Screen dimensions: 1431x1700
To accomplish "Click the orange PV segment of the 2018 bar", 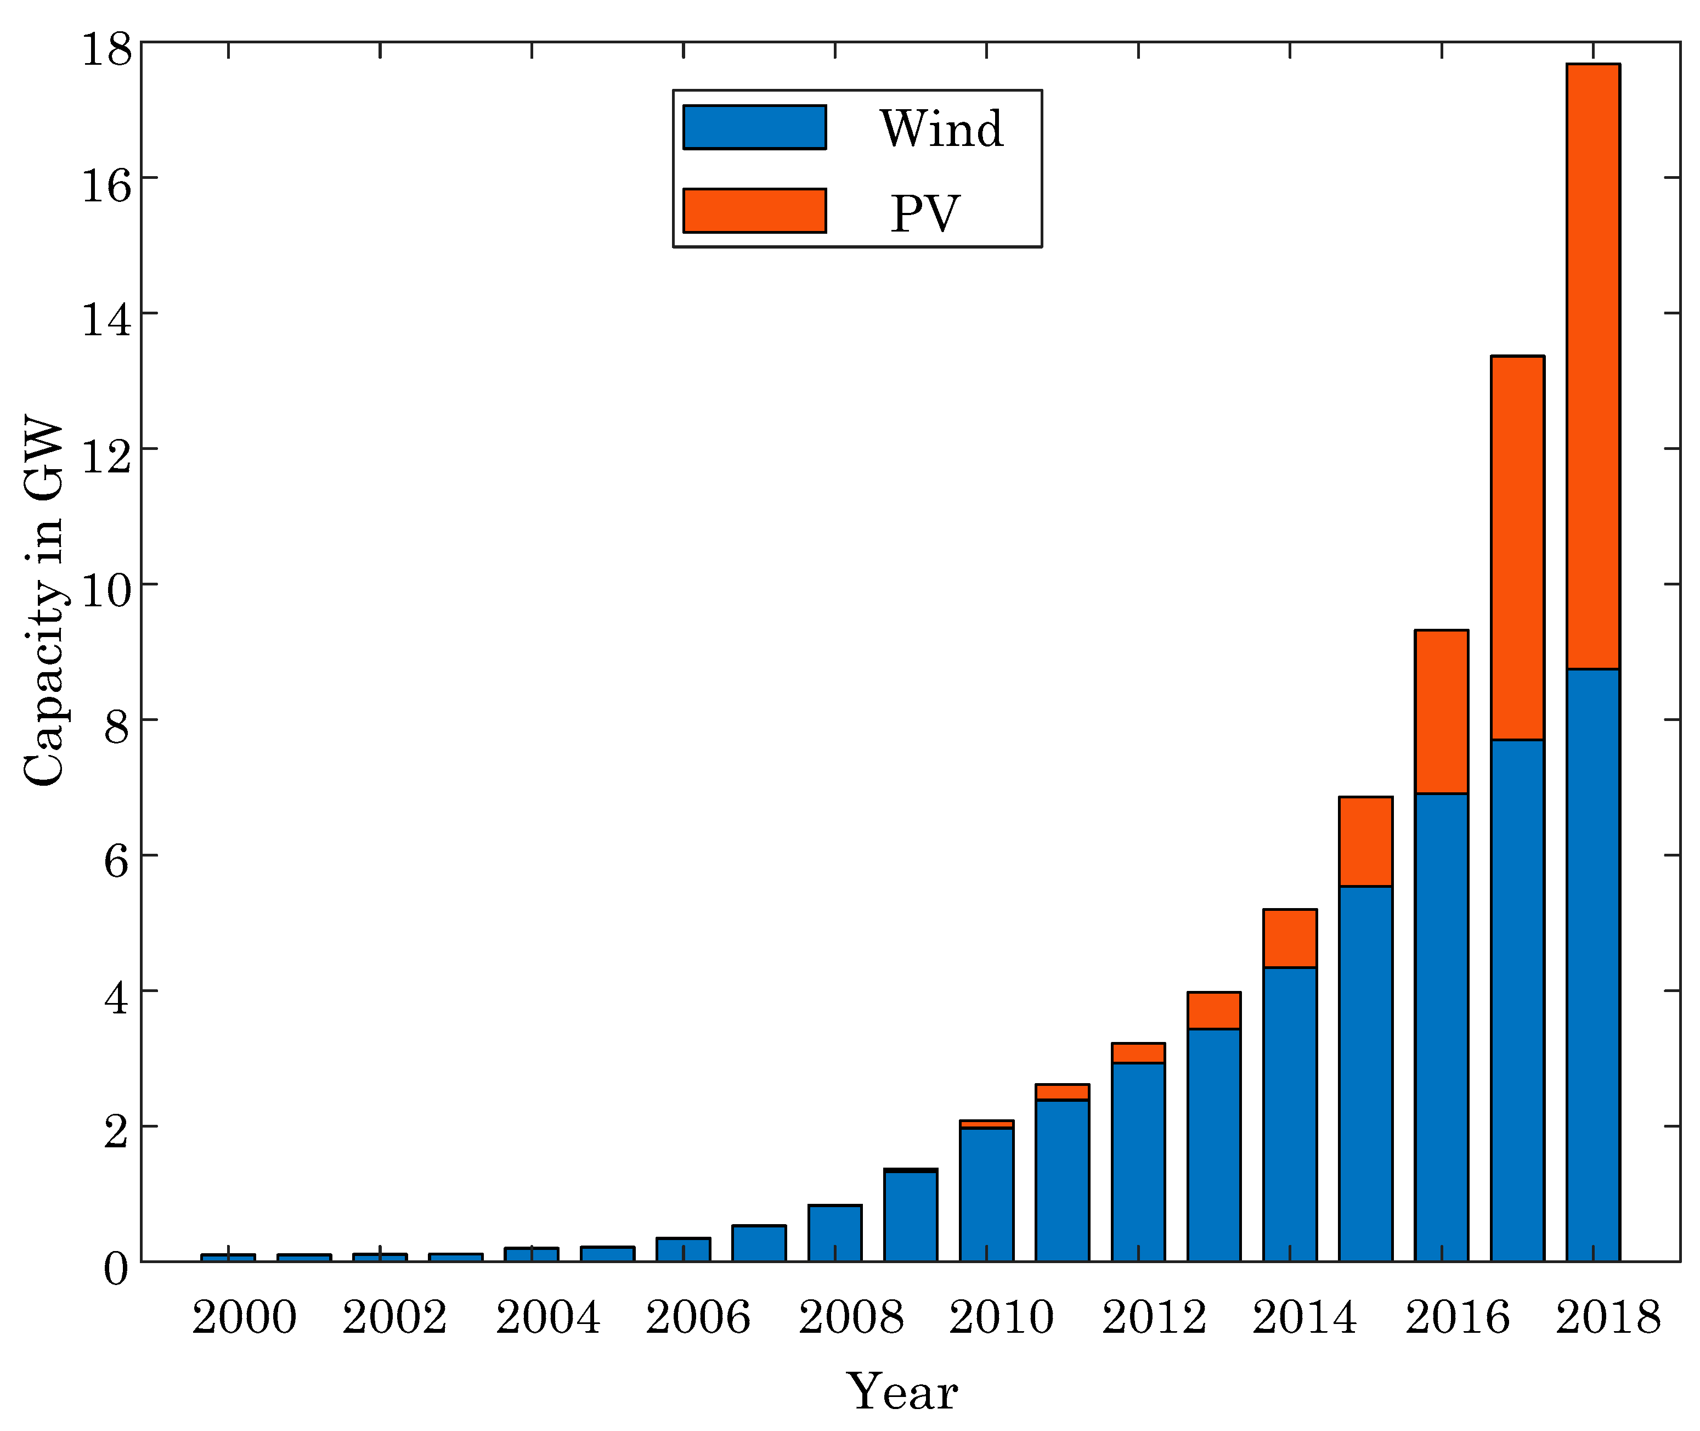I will pyautogui.click(x=1593, y=365).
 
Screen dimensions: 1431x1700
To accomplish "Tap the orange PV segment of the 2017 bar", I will pyautogui.click(x=1517, y=548).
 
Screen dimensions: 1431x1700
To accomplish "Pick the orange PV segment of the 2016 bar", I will pyautogui.click(x=1441, y=712).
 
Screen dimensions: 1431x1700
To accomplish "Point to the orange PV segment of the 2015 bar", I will pyautogui.click(x=1366, y=841).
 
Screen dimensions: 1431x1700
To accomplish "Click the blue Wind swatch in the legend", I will pyautogui.click(x=754, y=127).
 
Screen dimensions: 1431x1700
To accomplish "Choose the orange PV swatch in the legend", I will pyautogui.click(x=754, y=211).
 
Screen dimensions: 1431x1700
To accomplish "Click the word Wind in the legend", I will pyautogui.click(x=942, y=129).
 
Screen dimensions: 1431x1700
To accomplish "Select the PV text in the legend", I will pyautogui.click(x=925, y=214).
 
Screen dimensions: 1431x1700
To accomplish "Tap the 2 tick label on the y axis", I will pyautogui.click(x=116, y=1133).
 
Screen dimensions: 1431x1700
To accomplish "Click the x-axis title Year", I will pyautogui.click(x=902, y=1392).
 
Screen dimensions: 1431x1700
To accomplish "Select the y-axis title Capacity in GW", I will pyautogui.click(x=44, y=600).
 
